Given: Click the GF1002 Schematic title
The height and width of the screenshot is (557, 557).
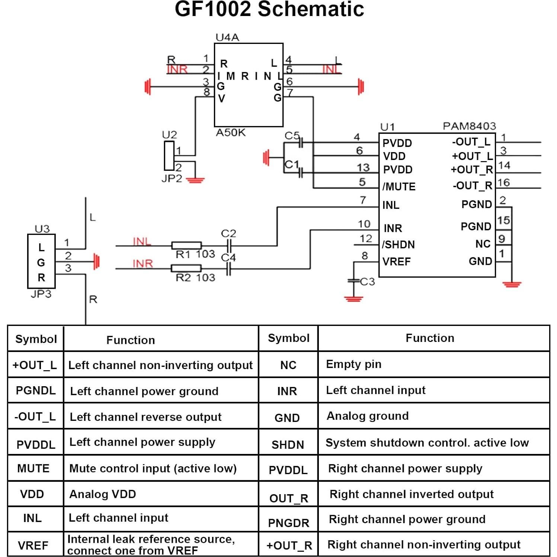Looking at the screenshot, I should (x=269, y=10).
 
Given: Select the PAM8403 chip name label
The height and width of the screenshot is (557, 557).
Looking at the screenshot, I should (x=469, y=126).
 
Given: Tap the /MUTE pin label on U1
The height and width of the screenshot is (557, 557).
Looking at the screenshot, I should (x=399, y=186).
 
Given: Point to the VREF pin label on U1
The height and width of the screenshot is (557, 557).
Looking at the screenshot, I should (x=397, y=262).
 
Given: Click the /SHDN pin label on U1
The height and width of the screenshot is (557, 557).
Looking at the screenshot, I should (x=398, y=244).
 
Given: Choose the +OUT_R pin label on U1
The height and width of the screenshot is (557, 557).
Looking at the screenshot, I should (x=471, y=170).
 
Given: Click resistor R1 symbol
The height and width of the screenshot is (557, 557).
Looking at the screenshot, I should (x=186, y=246).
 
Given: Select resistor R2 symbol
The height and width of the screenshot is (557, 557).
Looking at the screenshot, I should (x=186, y=268).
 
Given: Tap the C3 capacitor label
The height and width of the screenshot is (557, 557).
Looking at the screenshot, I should (x=368, y=282).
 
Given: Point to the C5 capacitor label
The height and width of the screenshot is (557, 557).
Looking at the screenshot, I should (x=292, y=136).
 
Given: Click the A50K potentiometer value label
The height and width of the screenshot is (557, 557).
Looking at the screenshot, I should (x=231, y=133).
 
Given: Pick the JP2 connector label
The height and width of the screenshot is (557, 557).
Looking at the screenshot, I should (x=172, y=179).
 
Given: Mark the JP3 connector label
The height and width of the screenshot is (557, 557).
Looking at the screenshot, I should (x=41, y=294).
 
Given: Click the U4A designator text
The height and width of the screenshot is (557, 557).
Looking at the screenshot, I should (x=227, y=37).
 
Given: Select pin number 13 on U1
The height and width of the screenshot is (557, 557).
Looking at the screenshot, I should (x=363, y=168).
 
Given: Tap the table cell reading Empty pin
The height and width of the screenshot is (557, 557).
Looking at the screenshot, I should (x=353, y=364).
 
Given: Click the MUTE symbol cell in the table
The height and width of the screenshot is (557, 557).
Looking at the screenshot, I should (x=33, y=468).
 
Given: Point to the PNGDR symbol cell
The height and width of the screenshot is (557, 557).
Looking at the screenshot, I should (x=289, y=523).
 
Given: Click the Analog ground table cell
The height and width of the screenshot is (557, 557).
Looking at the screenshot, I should (x=368, y=416).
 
